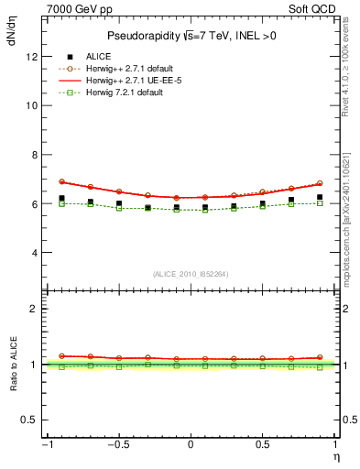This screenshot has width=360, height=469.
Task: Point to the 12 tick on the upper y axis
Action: [x=31, y=56]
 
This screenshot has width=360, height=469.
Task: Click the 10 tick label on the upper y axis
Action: [x=31, y=105]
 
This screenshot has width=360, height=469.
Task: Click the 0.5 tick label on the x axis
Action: [x=262, y=445]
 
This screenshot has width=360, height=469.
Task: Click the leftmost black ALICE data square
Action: [x=61, y=198]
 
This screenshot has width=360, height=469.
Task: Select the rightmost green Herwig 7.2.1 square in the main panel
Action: [x=320, y=203]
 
